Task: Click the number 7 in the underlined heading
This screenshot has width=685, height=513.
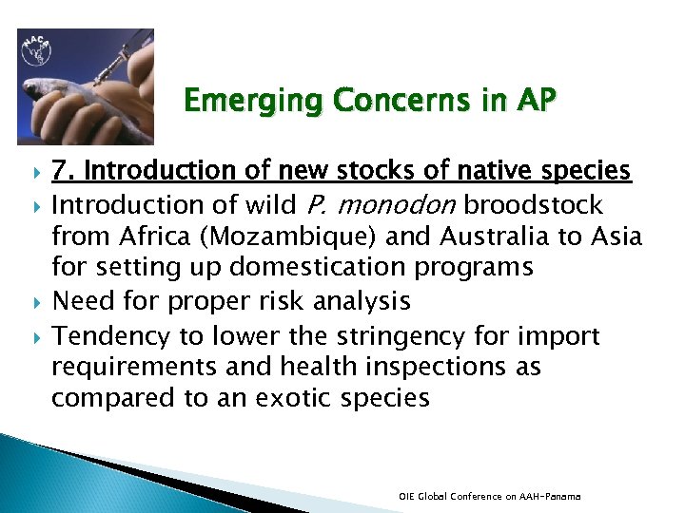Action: click(x=59, y=171)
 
